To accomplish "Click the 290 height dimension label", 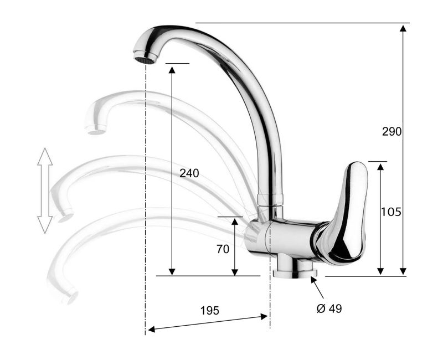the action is tap(392, 132).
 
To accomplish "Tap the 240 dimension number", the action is tap(189, 173).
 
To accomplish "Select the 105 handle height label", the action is tap(391, 212).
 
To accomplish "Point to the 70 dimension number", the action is tap(223, 249).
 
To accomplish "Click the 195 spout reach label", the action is tap(210, 311).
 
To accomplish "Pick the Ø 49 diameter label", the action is tap(329, 308).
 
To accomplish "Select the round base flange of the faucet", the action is tap(295, 273).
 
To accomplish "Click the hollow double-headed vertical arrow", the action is tap(45, 191).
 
